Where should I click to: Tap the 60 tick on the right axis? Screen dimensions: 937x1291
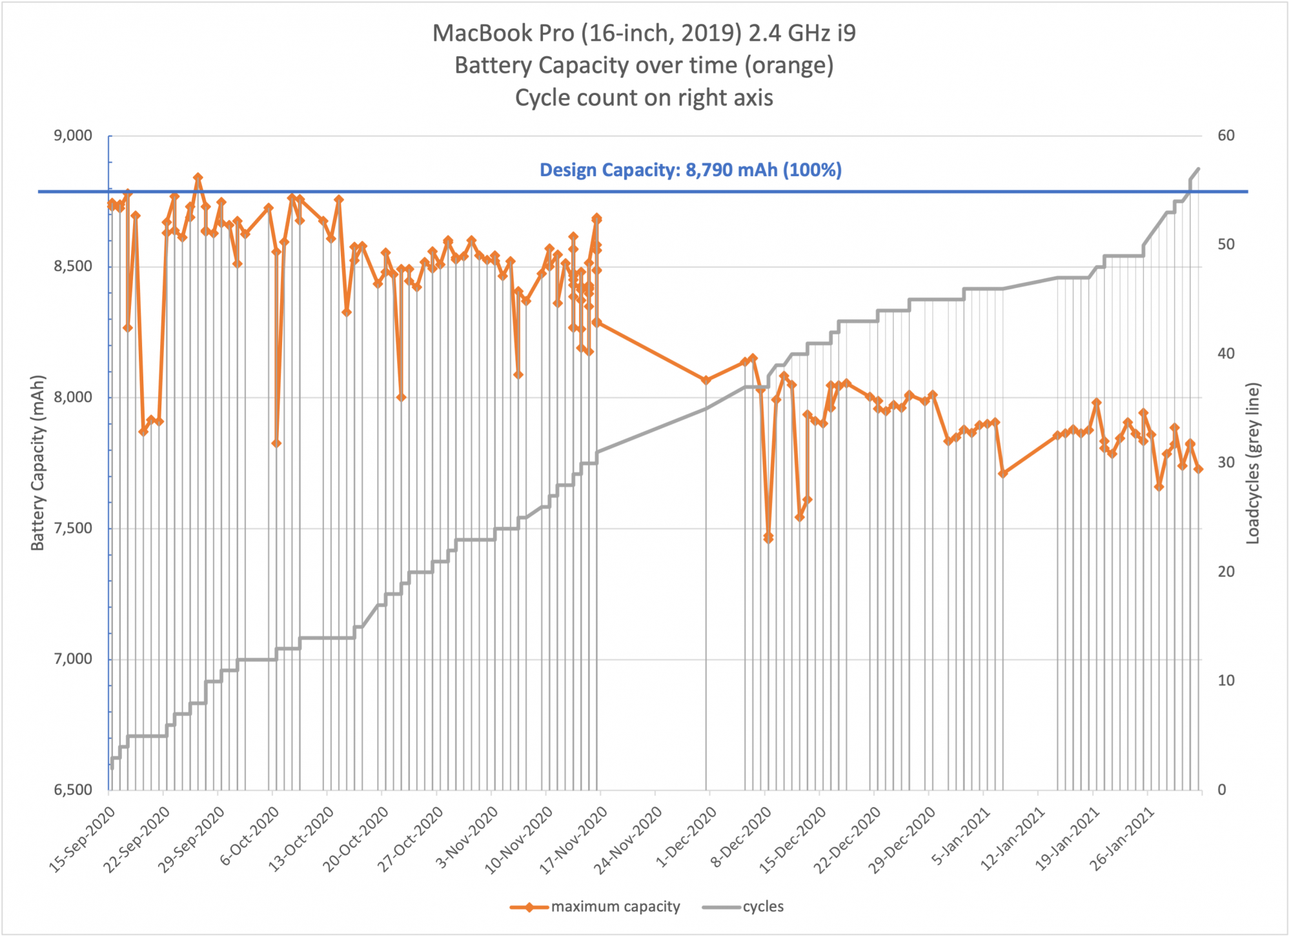pyautogui.click(x=1226, y=136)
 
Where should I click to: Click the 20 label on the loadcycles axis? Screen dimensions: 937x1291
pyautogui.click(x=1226, y=572)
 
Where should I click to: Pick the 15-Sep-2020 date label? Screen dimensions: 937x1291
pyautogui.click(x=83, y=840)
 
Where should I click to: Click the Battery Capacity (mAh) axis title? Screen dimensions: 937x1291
pyautogui.click(x=38, y=463)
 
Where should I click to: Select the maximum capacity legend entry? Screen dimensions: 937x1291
pyautogui.click(x=595, y=907)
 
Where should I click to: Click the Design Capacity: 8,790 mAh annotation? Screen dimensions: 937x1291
pyautogui.click(x=691, y=170)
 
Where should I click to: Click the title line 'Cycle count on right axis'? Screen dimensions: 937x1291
pyautogui.click(x=644, y=98)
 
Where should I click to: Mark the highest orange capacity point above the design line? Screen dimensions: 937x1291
pyautogui.click(x=198, y=177)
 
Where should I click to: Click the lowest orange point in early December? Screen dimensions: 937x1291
pyautogui.click(x=768, y=538)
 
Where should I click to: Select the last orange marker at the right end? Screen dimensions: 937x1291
pyautogui.click(x=1198, y=469)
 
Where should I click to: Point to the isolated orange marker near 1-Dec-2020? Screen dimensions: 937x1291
pyautogui.click(x=706, y=380)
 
